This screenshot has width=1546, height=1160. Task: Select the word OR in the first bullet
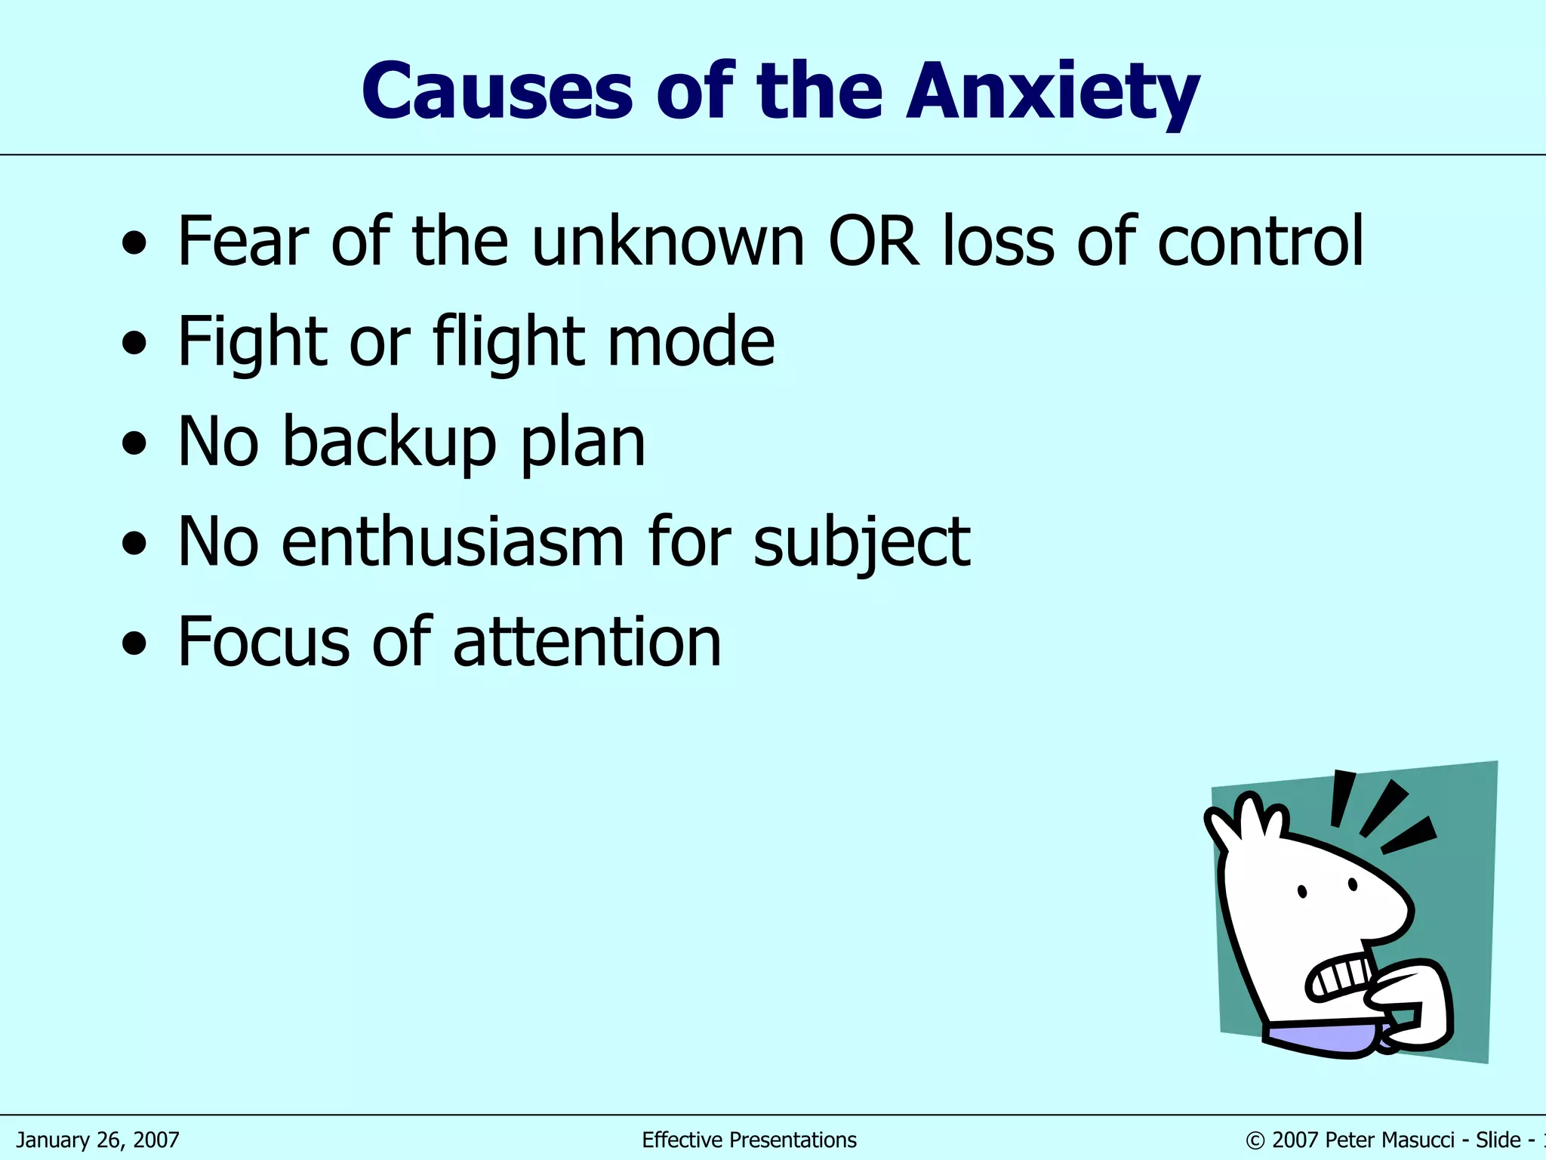[x=873, y=242]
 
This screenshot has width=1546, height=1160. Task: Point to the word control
[x=1260, y=242]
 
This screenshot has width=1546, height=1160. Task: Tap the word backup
[x=390, y=443]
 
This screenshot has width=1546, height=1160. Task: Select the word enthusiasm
[x=452, y=541]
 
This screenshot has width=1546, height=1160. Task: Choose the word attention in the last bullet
[x=587, y=642]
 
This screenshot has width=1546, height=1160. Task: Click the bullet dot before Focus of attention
[x=134, y=643]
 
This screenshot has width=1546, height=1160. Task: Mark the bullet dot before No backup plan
[x=134, y=443]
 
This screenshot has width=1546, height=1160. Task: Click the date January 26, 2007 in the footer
[x=98, y=1140]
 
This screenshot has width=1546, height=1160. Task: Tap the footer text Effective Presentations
[x=749, y=1140]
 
